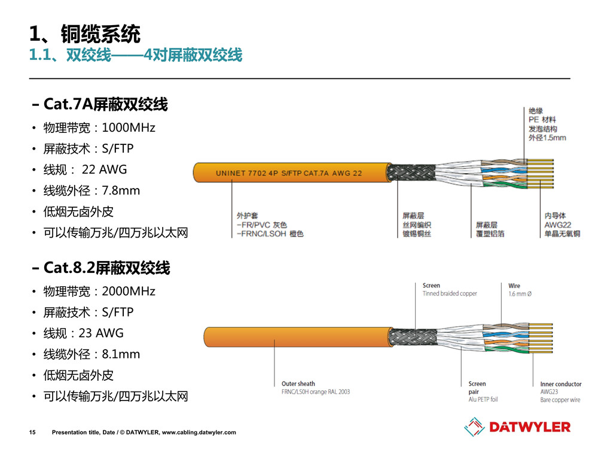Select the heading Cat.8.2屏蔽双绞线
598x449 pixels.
106,269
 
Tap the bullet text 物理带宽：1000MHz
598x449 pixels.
99,128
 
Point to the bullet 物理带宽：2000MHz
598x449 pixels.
99,292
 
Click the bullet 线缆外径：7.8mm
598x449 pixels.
91,191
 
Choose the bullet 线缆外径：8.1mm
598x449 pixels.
91,354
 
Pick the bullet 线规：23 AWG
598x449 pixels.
83,333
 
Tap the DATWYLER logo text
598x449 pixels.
529,427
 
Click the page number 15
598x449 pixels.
32,432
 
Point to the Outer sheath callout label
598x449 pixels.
298,384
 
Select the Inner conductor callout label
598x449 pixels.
560,384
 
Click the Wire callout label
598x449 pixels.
514,286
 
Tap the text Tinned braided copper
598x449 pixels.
450,294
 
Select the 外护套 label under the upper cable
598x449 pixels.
247,216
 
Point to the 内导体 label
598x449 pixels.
555,216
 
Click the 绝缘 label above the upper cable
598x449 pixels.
536,110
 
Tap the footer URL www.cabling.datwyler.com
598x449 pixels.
199,432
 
